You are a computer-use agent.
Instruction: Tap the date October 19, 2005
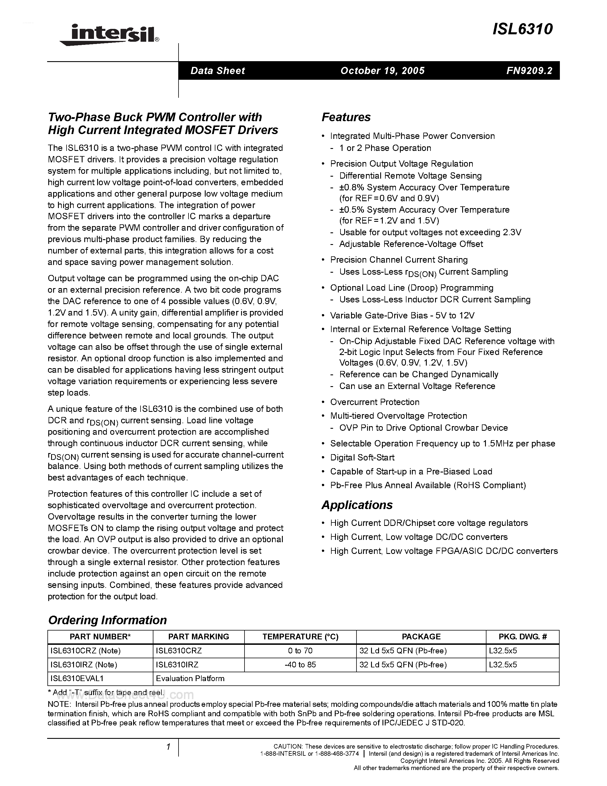(x=382, y=71)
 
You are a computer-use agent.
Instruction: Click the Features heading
(x=346, y=117)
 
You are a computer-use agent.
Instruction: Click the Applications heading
(x=357, y=505)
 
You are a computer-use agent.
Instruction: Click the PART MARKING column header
(x=199, y=636)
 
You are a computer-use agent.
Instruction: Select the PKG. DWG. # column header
(x=522, y=636)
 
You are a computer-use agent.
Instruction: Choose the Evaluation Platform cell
(x=190, y=679)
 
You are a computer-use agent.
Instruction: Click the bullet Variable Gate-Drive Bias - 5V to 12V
(x=402, y=315)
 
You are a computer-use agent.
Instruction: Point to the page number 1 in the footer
(x=168, y=747)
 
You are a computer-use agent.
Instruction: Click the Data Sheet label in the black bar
(x=218, y=71)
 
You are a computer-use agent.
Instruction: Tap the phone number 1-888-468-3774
(x=338, y=754)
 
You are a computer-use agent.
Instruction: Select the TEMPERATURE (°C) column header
(x=300, y=636)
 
